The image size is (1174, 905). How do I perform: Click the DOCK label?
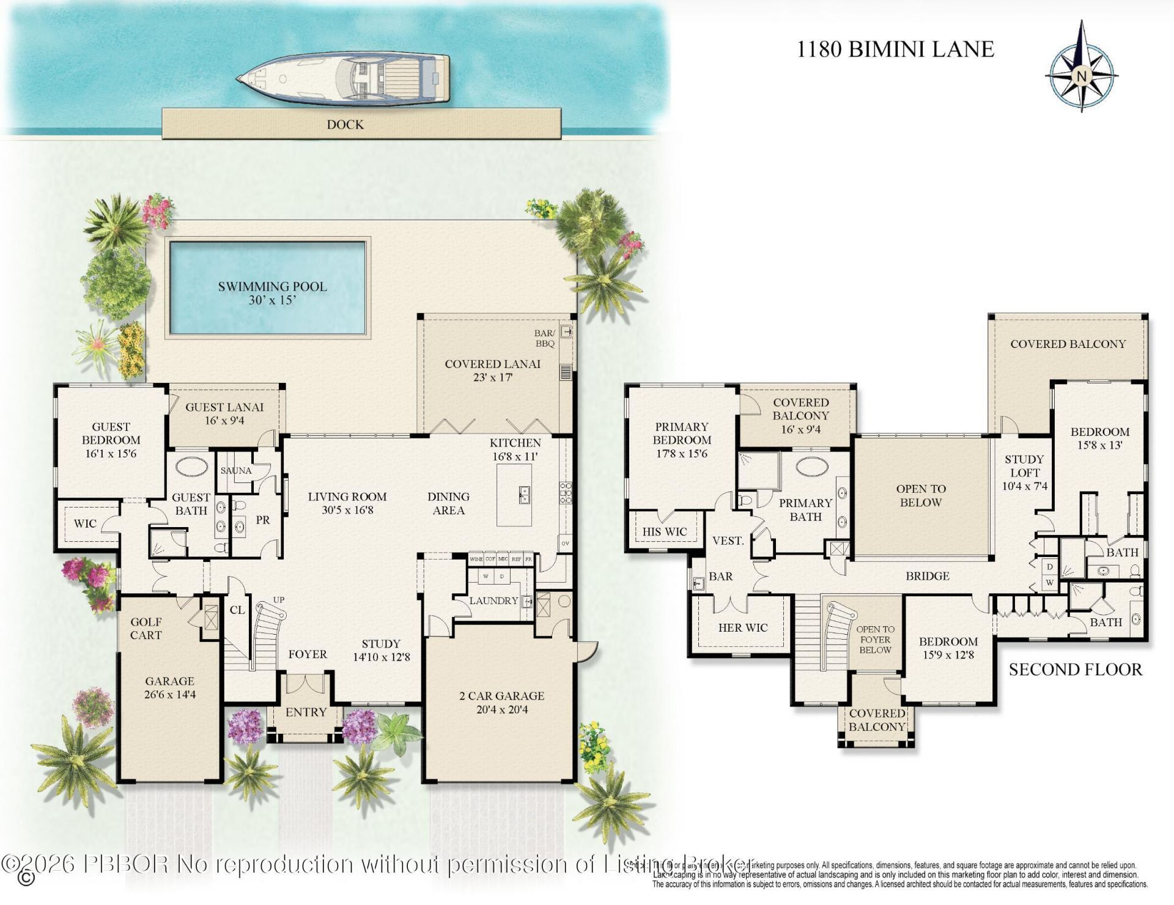click(x=345, y=125)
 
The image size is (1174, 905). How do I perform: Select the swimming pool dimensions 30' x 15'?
click(x=272, y=300)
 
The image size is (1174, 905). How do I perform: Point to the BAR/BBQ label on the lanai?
click(x=544, y=338)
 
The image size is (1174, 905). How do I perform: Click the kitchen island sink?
click(x=524, y=495)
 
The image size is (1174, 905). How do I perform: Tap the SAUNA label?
click(x=236, y=470)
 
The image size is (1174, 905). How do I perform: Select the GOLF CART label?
click(x=146, y=629)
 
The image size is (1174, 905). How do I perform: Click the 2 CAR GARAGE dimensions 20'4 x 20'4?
click(x=501, y=709)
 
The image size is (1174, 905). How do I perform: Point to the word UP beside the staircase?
click(x=279, y=600)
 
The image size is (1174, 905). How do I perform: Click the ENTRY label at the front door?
click(x=306, y=712)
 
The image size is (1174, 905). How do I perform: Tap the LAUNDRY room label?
click(x=493, y=600)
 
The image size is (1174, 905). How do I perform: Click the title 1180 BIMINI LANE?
click(x=895, y=50)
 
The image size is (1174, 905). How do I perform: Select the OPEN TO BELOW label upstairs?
click(x=921, y=495)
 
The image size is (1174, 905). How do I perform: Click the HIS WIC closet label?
click(x=664, y=531)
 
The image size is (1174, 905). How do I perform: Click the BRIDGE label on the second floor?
click(x=928, y=576)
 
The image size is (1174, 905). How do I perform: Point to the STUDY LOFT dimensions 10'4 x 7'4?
click(x=1024, y=486)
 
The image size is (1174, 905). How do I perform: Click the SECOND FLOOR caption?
click(x=1075, y=670)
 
